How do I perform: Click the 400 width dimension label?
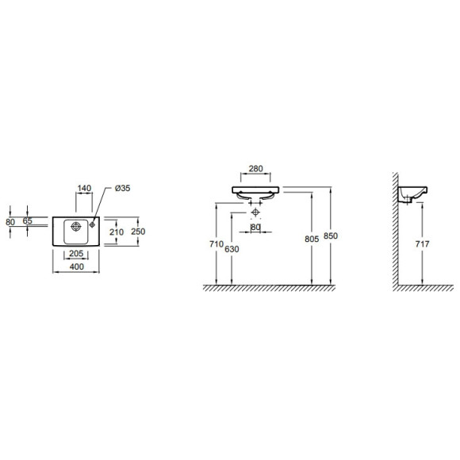[77, 266]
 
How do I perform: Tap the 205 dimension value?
[76, 254]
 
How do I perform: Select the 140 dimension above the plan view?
[85, 188]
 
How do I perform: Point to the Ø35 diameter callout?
[123, 188]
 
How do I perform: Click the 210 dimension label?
[117, 232]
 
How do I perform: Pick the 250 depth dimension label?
[138, 232]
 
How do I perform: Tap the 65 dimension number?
[27, 220]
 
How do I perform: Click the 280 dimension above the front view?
[256, 169]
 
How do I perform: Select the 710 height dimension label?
[217, 243]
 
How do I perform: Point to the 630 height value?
[232, 249]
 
